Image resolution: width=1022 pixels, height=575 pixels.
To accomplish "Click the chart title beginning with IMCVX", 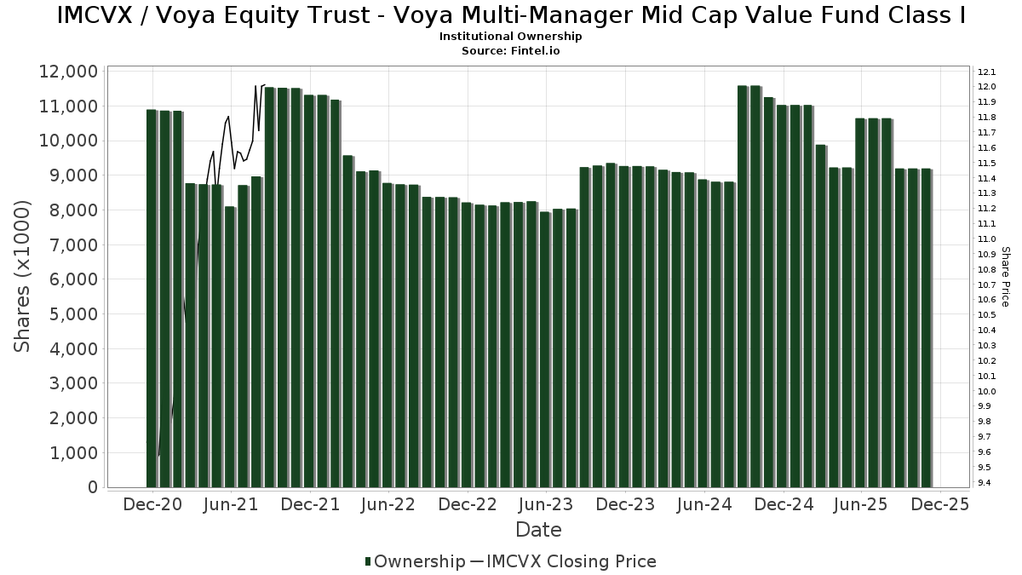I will click(510, 16).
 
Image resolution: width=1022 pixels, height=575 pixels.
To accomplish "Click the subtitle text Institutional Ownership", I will click(510, 37).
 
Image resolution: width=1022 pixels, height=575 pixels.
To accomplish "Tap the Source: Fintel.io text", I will click(510, 51).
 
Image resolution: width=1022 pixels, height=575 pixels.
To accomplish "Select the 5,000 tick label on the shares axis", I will click(72, 314).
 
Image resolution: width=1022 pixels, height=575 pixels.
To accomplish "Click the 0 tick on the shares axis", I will click(92, 488).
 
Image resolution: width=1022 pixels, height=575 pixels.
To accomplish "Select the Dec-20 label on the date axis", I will click(152, 505).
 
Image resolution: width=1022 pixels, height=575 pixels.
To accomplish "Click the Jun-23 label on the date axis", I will click(546, 505).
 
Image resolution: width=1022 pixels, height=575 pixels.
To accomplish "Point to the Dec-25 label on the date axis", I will click(939, 505).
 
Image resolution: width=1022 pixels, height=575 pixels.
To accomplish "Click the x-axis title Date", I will click(538, 530).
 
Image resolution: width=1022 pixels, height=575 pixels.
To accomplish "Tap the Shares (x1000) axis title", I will click(23, 276).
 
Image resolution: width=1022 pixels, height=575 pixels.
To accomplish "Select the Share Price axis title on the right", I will click(1005, 276).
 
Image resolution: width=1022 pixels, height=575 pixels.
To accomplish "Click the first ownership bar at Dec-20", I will click(152, 298).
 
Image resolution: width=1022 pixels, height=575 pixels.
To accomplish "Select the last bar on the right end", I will click(926, 328).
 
